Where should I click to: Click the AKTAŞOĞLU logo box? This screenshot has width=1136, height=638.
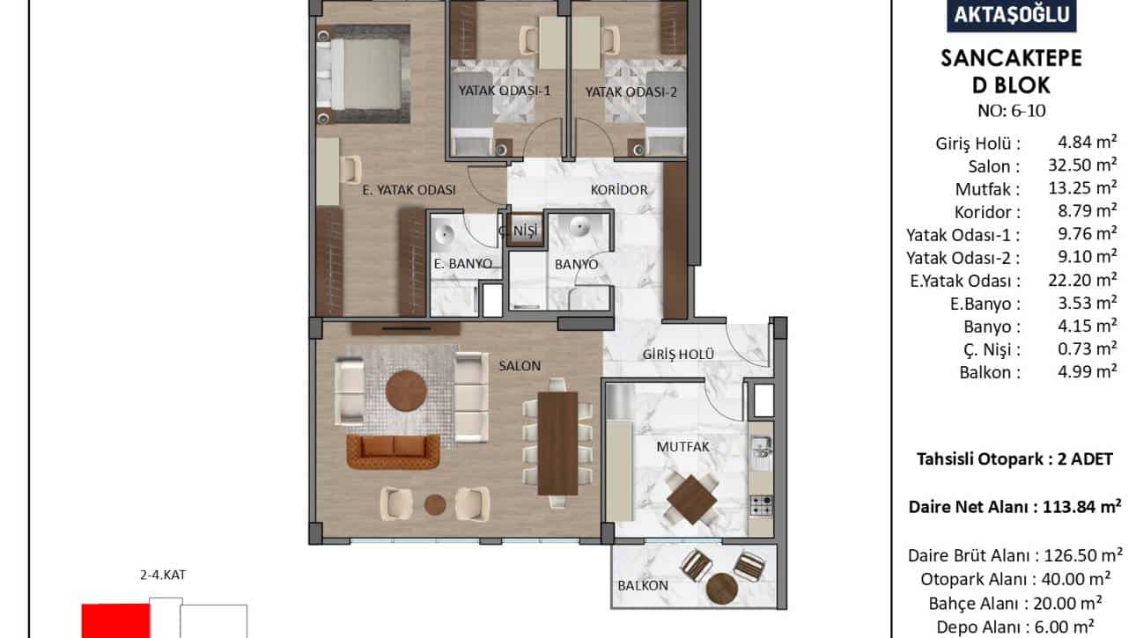[1011, 15]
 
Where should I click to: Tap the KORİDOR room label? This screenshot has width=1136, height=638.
[619, 190]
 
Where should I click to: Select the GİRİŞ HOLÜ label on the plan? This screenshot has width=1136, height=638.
[678, 355]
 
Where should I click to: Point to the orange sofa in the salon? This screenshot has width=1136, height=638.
[394, 451]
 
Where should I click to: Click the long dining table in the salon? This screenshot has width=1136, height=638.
[557, 444]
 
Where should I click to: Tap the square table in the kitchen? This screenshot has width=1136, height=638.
[692, 499]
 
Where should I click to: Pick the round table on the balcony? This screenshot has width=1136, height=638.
[722, 589]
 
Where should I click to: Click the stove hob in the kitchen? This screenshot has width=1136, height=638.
[762, 506]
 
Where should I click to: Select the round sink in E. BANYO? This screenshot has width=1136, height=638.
[446, 234]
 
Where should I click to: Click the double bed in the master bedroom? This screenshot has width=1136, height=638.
[363, 74]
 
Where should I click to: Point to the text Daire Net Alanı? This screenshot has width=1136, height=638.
[970, 507]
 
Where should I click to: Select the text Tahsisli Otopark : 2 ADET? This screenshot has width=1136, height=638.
[1014, 459]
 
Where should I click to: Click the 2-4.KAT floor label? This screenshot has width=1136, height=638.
[163, 576]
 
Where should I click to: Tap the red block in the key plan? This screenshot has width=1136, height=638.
[116, 620]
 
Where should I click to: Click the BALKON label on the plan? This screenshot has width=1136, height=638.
[643, 586]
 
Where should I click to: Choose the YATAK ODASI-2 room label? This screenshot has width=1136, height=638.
[631, 92]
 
